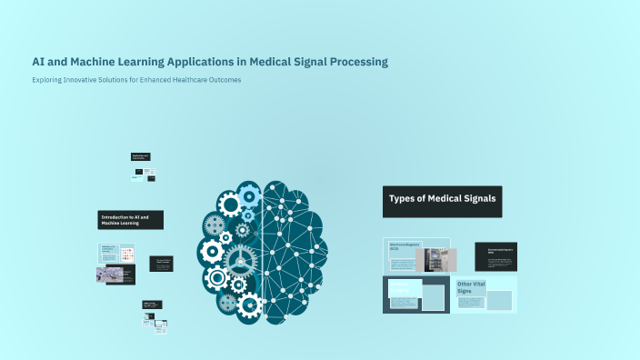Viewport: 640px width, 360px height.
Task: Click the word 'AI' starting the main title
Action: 38,62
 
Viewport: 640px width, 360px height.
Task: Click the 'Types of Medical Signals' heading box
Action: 442,201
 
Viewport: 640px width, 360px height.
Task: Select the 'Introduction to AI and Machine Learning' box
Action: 130,220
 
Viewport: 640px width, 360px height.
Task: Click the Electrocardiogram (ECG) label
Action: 407,245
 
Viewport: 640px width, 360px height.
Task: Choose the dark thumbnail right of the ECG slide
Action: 495,256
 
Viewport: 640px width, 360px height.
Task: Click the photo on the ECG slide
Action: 436,260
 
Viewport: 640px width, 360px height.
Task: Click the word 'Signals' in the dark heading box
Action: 477,199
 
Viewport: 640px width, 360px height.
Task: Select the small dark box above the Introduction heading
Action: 140,156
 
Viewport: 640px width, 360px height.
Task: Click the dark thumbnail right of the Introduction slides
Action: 161,263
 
